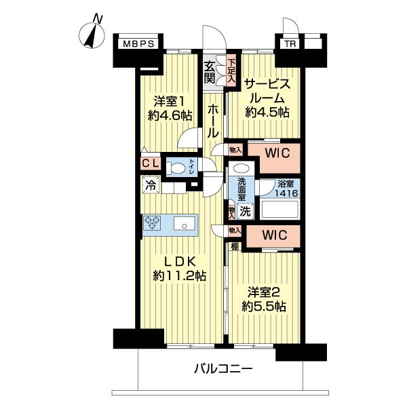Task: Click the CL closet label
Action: (151, 164)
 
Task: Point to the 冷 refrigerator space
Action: (150, 184)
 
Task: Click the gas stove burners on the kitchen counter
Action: (153, 223)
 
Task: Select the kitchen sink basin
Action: (182, 224)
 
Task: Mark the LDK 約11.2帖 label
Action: (179, 269)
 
